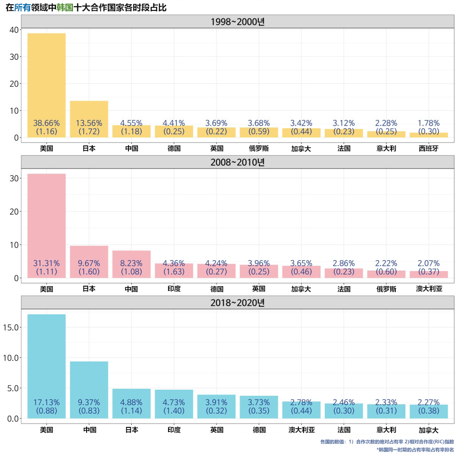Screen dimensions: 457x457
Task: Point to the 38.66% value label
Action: click(47, 123)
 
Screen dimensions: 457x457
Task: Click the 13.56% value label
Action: click(89, 123)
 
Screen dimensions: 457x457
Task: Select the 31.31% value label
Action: click(47, 263)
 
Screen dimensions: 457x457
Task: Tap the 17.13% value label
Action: click(47, 402)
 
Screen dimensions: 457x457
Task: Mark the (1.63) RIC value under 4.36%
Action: click(174, 272)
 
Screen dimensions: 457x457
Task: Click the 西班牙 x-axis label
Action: click(428, 149)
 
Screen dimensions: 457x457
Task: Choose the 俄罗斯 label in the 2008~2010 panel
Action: click(386, 289)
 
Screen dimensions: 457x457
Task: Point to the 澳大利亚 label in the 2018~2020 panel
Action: click(302, 430)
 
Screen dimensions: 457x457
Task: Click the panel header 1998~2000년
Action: click(238, 22)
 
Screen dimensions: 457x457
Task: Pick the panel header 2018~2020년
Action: click(238, 303)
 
